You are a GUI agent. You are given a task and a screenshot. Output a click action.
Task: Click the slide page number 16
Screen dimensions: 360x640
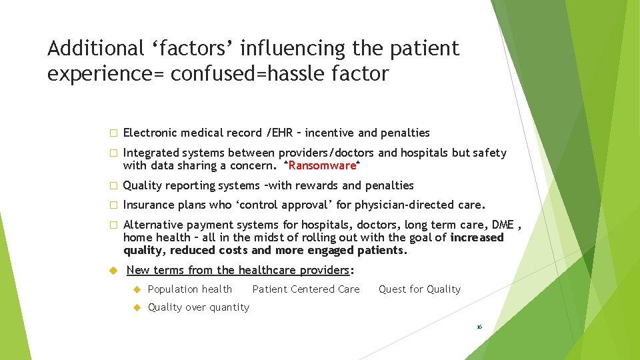click(x=479, y=327)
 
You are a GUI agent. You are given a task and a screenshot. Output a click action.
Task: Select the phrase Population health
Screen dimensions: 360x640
click(x=189, y=289)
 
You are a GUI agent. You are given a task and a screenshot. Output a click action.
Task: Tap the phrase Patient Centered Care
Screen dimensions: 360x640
click(x=306, y=289)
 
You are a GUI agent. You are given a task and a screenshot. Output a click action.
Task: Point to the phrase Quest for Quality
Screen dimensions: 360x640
click(x=419, y=289)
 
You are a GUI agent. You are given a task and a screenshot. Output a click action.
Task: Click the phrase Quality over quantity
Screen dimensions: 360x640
click(x=198, y=307)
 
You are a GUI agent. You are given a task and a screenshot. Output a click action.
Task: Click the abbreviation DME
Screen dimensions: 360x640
click(x=502, y=225)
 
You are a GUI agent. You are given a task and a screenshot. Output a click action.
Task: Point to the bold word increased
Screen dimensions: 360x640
click(x=477, y=238)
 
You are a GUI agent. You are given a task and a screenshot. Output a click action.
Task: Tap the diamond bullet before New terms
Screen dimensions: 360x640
click(x=113, y=270)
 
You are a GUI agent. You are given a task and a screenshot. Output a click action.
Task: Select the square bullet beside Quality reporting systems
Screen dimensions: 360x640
click(x=113, y=186)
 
